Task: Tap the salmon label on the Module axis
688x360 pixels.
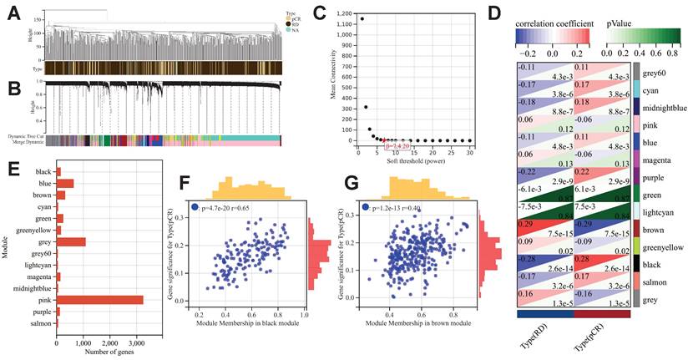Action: click(41, 322)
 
